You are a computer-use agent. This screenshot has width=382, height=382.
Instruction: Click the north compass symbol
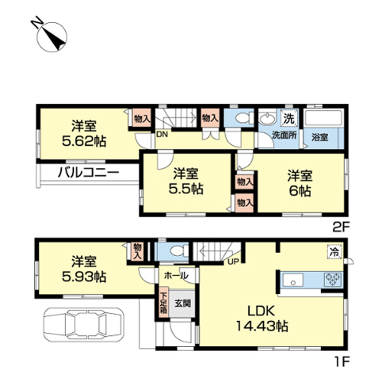pyautogui.click(x=52, y=37)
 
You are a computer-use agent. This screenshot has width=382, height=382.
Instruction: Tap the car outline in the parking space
pyautogui.click(x=84, y=325)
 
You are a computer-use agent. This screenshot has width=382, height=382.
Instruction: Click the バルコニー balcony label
pyautogui.click(x=89, y=173)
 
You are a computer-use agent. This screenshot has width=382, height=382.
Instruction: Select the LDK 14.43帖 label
pyautogui.click(x=262, y=319)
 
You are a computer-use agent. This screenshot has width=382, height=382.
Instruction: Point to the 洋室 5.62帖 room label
pyautogui.click(x=84, y=134)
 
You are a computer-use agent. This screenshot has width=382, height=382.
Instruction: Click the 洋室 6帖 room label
pyautogui.click(x=299, y=183)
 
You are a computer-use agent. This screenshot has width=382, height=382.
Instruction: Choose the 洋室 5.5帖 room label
pyautogui.click(x=186, y=181)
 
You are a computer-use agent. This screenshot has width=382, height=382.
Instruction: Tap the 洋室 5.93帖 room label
pyautogui.click(x=84, y=269)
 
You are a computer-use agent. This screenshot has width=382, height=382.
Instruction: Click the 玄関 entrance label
pyautogui.click(x=183, y=303)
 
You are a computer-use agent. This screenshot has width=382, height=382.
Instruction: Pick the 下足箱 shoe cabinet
pyautogui.click(x=163, y=303)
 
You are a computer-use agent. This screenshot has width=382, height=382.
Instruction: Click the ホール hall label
pyautogui.click(x=176, y=275)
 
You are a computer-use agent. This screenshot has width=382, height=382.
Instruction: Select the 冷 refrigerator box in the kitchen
pyautogui.click(x=335, y=251)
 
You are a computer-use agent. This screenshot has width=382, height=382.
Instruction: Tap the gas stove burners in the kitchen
pyautogui.click(x=333, y=279)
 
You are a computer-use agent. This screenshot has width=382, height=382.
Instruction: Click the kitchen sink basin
pyautogui.click(x=293, y=280)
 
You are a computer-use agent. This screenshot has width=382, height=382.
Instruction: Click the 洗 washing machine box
pyautogui.click(x=290, y=118)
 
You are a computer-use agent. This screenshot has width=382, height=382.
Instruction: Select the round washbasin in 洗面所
pyautogui.click(x=267, y=118)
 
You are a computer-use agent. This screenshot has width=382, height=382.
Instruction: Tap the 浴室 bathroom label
pyautogui.click(x=320, y=138)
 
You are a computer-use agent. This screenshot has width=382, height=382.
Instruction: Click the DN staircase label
pyautogui.click(x=162, y=134)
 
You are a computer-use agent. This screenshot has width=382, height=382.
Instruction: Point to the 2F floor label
pyautogui.click(x=342, y=227)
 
